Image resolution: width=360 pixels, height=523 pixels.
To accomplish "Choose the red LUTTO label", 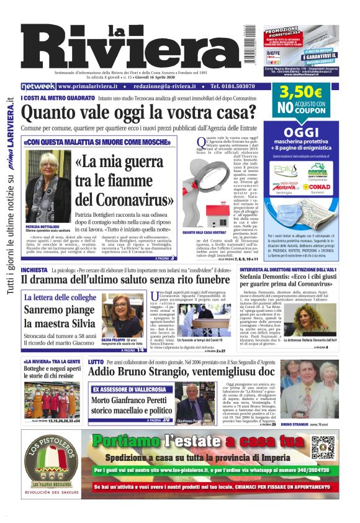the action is (x=96, y=362).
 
